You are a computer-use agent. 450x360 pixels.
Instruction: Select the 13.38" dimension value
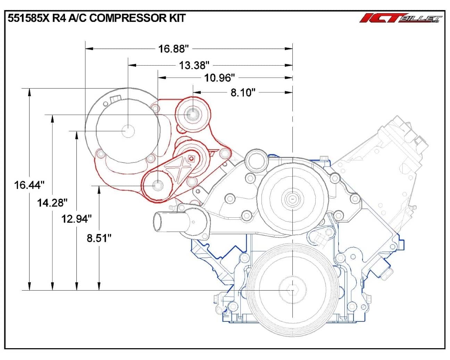click(x=194, y=65)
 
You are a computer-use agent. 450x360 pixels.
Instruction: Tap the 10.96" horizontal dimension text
click(x=219, y=78)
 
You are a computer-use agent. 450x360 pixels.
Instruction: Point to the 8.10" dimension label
click(x=243, y=92)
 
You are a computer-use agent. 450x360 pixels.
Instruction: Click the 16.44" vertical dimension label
click(x=29, y=185)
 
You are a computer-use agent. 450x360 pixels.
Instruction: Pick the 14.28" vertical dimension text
click(x=52, y=202)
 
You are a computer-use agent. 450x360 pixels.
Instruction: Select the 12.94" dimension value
click(x=76, y=219)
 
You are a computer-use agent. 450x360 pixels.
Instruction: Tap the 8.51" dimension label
click(x=99, y=238)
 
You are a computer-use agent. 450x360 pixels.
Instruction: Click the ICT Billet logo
click(x=401, y=18)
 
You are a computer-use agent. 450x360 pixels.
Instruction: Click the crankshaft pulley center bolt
click(x=292, y=290)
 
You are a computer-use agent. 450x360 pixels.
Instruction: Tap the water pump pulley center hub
click(x=292, y=199)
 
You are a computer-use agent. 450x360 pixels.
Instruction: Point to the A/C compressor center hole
click(x=128, y=131)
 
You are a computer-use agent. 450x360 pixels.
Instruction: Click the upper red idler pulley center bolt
click(x=193, y=114)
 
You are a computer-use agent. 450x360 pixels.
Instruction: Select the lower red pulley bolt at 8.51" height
click(x=158, y=186)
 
